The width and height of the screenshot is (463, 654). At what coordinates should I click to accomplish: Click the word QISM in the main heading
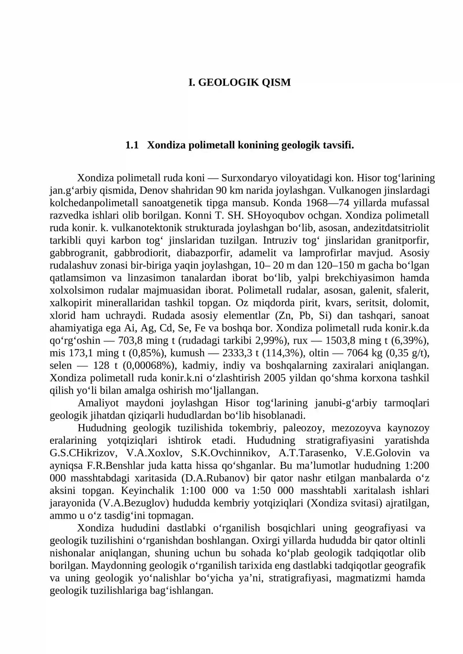(276, 82)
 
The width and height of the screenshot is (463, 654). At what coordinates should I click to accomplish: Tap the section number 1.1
(132, 145)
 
